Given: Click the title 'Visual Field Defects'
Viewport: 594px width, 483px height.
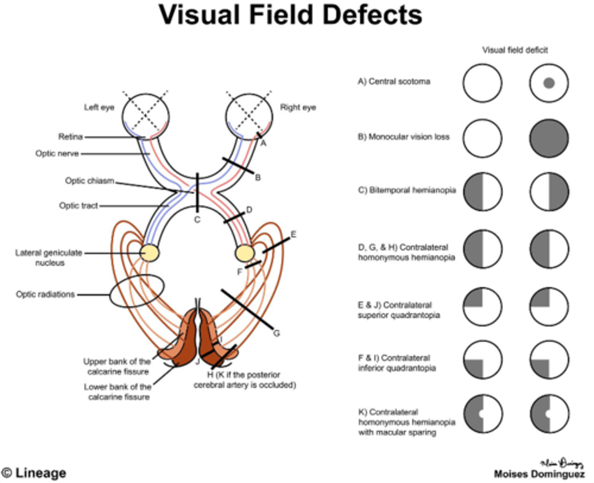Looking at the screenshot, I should click(x=290, y=15).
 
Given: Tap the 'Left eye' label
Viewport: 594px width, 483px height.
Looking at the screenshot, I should click(x=99, y=108).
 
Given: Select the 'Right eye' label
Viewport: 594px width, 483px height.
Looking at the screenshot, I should click(x=298, y=108).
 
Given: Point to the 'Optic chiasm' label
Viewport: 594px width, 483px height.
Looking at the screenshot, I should click(x=90, y=181).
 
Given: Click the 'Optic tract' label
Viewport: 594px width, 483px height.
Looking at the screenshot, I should click(x=78, y=206).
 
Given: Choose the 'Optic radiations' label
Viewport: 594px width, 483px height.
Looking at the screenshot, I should click(x=45, y=294).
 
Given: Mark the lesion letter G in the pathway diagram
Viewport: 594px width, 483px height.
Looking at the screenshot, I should click(x=276, y=333).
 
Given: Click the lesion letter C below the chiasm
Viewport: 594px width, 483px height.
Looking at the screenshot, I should click(x=197, y=220).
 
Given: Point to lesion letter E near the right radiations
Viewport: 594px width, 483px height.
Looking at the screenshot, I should click(x=293, y=234).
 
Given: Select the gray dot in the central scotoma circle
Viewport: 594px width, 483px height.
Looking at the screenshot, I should click(x=549, y=83).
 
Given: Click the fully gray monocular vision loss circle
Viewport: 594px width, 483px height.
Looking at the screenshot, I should click(x=549, y=138).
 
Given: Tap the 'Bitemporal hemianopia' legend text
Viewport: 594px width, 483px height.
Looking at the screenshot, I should click(x=407, y=190).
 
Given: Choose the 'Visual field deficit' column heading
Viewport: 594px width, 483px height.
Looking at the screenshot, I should click(x=515, y=50).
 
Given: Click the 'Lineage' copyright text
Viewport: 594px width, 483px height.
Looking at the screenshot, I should click(x=35, y=473).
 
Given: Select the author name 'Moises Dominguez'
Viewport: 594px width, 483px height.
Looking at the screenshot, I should click(x=539, y=474).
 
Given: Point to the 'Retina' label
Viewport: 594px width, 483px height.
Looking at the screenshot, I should click(x=71, y=137).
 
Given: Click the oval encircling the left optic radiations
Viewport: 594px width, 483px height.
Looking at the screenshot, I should click(x=137, y=291).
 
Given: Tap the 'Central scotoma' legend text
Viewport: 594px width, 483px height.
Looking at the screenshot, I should click(x=394, y=82).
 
